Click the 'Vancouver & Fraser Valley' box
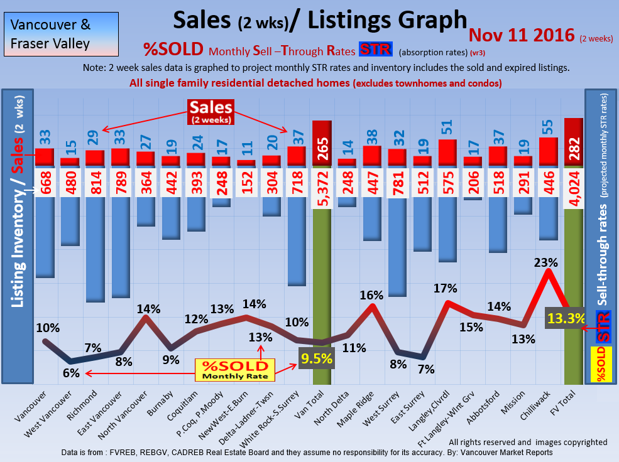coord(50,35)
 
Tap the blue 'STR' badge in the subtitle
coord(375,50)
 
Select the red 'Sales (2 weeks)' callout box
coord(211,111)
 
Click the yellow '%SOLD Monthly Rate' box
coord(234,370)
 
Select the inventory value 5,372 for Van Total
coord(321,181)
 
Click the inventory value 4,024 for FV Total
coord(573,181)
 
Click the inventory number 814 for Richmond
coord(94,181)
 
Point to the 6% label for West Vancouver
coord(71,373)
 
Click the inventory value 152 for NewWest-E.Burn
coord(246,181)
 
